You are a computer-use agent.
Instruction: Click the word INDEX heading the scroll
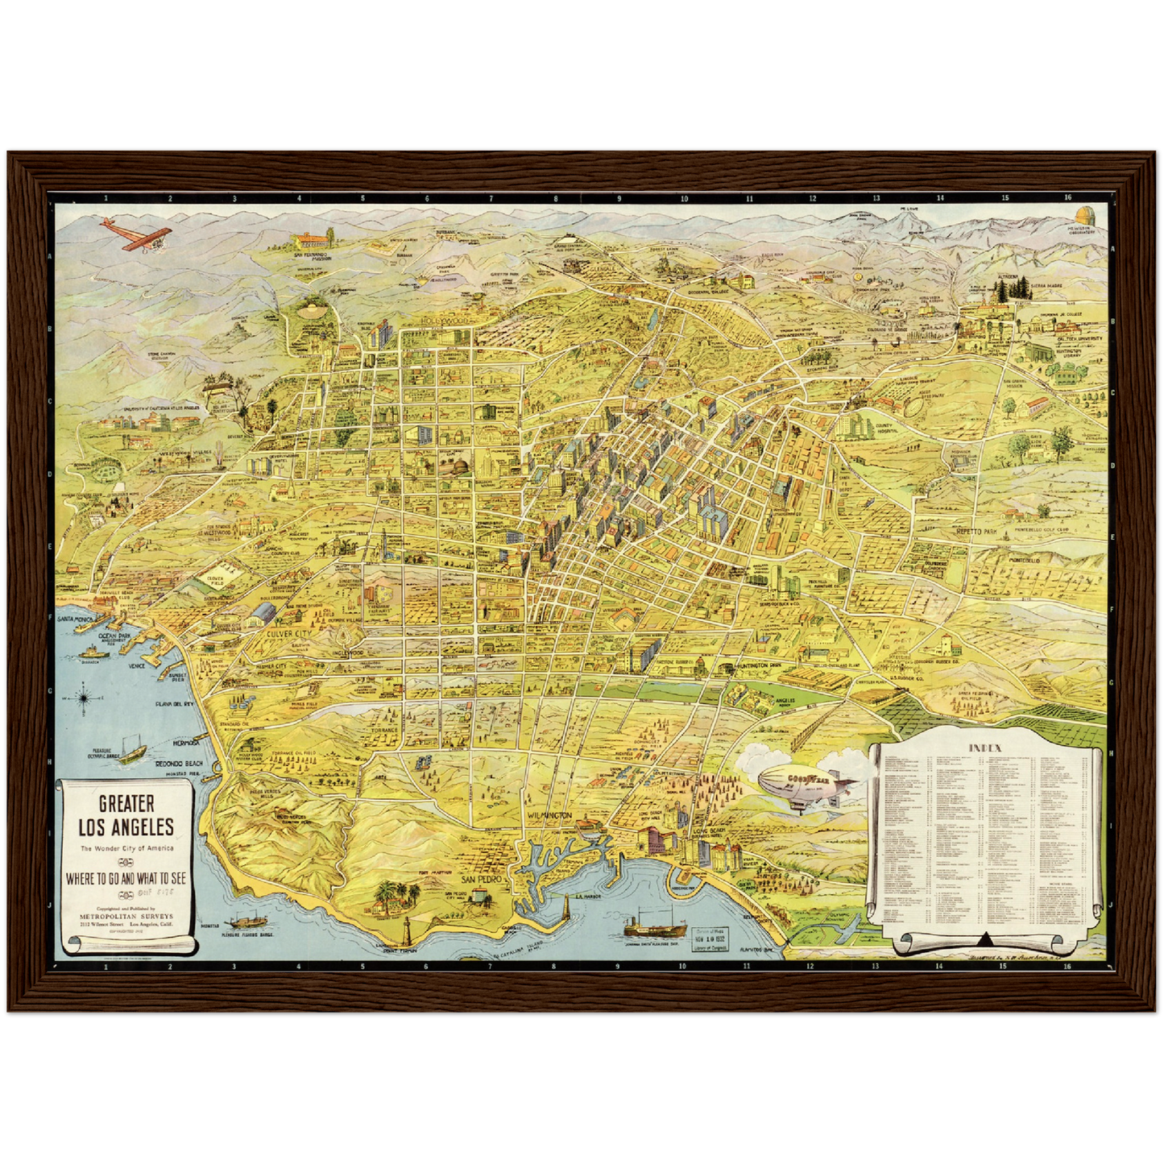pyautogui.click(x=984, y=748)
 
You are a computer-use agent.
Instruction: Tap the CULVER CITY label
pyautogui.click(x=288, y=634)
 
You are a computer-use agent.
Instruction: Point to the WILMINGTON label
pyautogui.click(x=549, y=816)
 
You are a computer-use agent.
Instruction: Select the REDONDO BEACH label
pyautogui.click(x=179, y=763)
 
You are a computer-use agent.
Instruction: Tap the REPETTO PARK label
pyautogui.click(x=976, y=532)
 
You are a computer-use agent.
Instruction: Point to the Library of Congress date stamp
pyautogui.click(x=709, y=938)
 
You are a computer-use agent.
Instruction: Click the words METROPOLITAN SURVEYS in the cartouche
pyautogui.click(x=126, y=916)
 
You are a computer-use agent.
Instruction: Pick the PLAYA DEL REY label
pyautogui.click(x=175, y=703)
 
